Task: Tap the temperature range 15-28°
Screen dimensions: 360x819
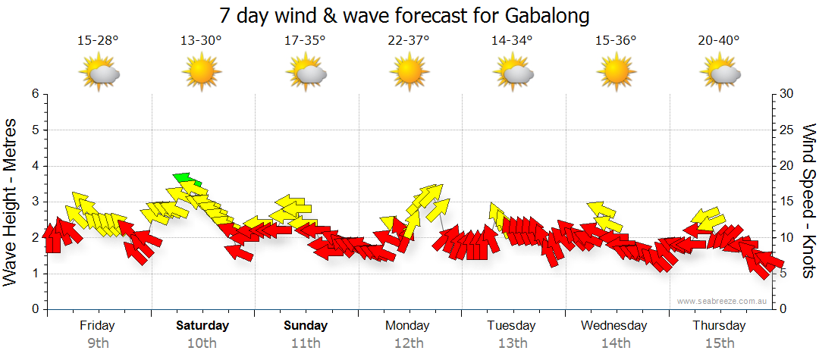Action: coord(98,41)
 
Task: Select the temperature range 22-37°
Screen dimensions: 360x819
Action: coord(409,41)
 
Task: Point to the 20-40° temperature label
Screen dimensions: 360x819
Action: coord(719,41)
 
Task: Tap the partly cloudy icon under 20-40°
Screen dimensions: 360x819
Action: coord(719,74)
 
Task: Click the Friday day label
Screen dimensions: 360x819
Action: coord(98,326)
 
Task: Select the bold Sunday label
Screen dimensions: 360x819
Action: coord(306,326)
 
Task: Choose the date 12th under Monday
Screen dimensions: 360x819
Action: coord(409,343)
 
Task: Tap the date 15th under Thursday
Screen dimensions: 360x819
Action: coord(719,343)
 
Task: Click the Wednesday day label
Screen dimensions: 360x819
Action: coord(614,326)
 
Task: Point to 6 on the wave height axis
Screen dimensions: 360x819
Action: coord(35,94)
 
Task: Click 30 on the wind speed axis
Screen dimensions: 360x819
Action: coord(787,94)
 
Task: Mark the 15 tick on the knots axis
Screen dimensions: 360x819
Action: coord(787,202)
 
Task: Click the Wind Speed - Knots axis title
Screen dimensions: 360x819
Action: coord(808,201)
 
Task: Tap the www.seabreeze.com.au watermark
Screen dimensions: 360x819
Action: coord(723,301)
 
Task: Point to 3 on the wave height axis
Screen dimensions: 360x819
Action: coord(35,202)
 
